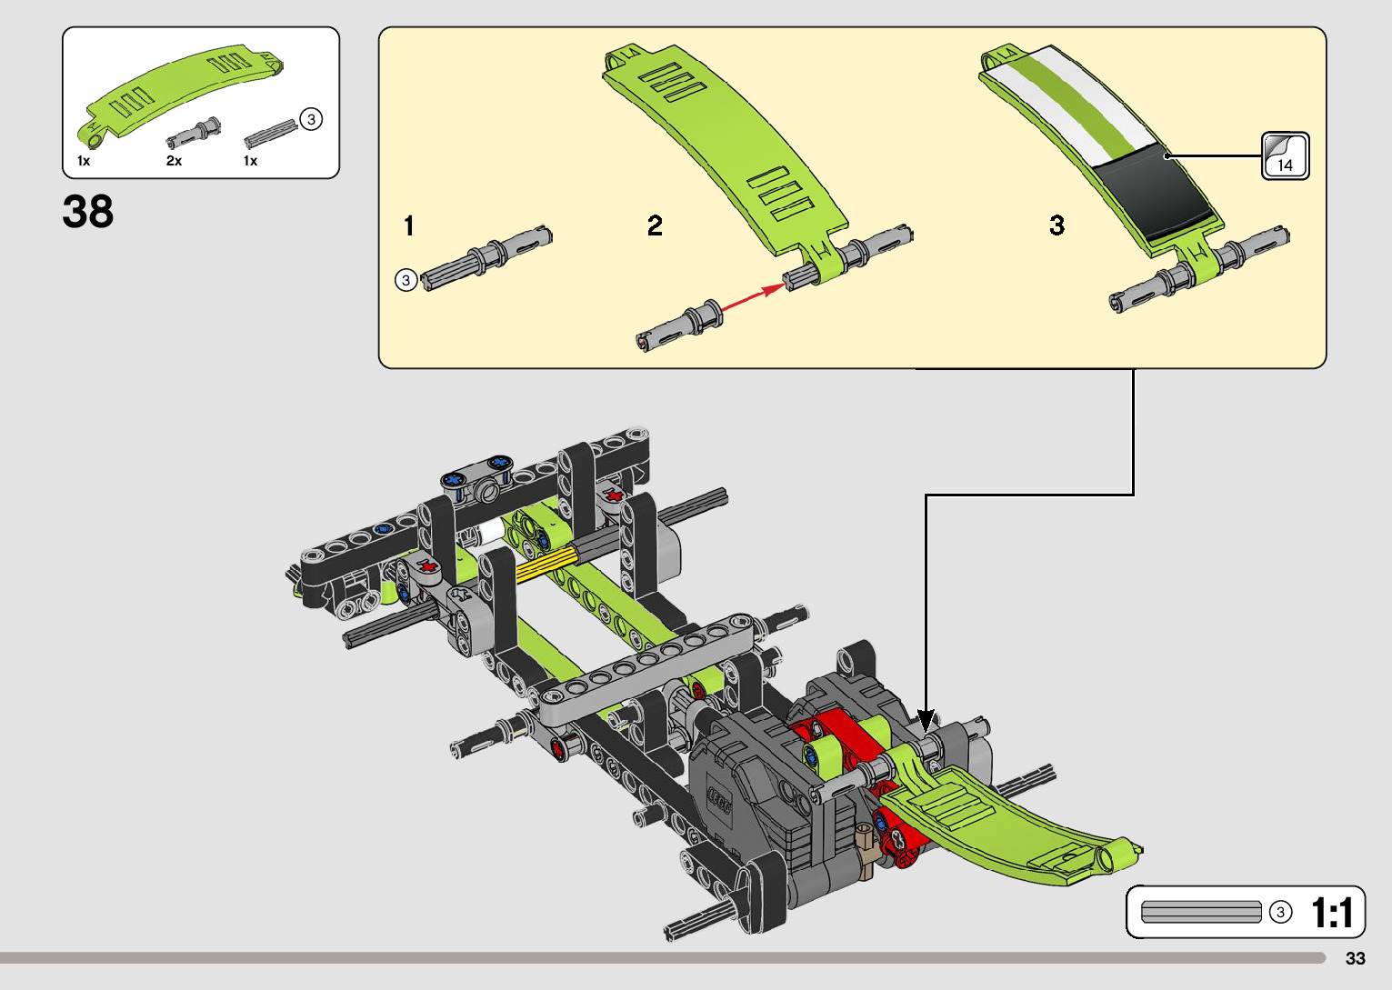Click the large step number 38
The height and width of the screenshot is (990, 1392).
(x=88, y=212)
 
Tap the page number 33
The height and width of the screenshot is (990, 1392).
(x=1355, y=958)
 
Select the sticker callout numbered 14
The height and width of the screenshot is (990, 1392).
(x=1285, y=155)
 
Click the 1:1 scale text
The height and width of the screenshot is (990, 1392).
(x=1332, y=913)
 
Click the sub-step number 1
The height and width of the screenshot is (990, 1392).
(x=409, y=225)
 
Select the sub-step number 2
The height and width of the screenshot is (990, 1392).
(x=655, y=225)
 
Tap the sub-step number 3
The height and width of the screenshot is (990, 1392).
(x=1057, y=225)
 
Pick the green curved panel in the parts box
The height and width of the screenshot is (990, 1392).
(x=182, y=91)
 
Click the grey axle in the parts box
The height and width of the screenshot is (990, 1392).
(x=271, y=134)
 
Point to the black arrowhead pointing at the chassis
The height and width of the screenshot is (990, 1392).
(x=926, y=721)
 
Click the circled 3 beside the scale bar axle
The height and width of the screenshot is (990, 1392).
(x=1280, y=912)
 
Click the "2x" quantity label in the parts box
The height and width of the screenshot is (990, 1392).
(x=174, y=161)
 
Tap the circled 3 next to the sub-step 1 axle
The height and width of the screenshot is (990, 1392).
(x=406, y=280)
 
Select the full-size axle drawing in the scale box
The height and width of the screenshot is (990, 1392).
(x=1201, y=912)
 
